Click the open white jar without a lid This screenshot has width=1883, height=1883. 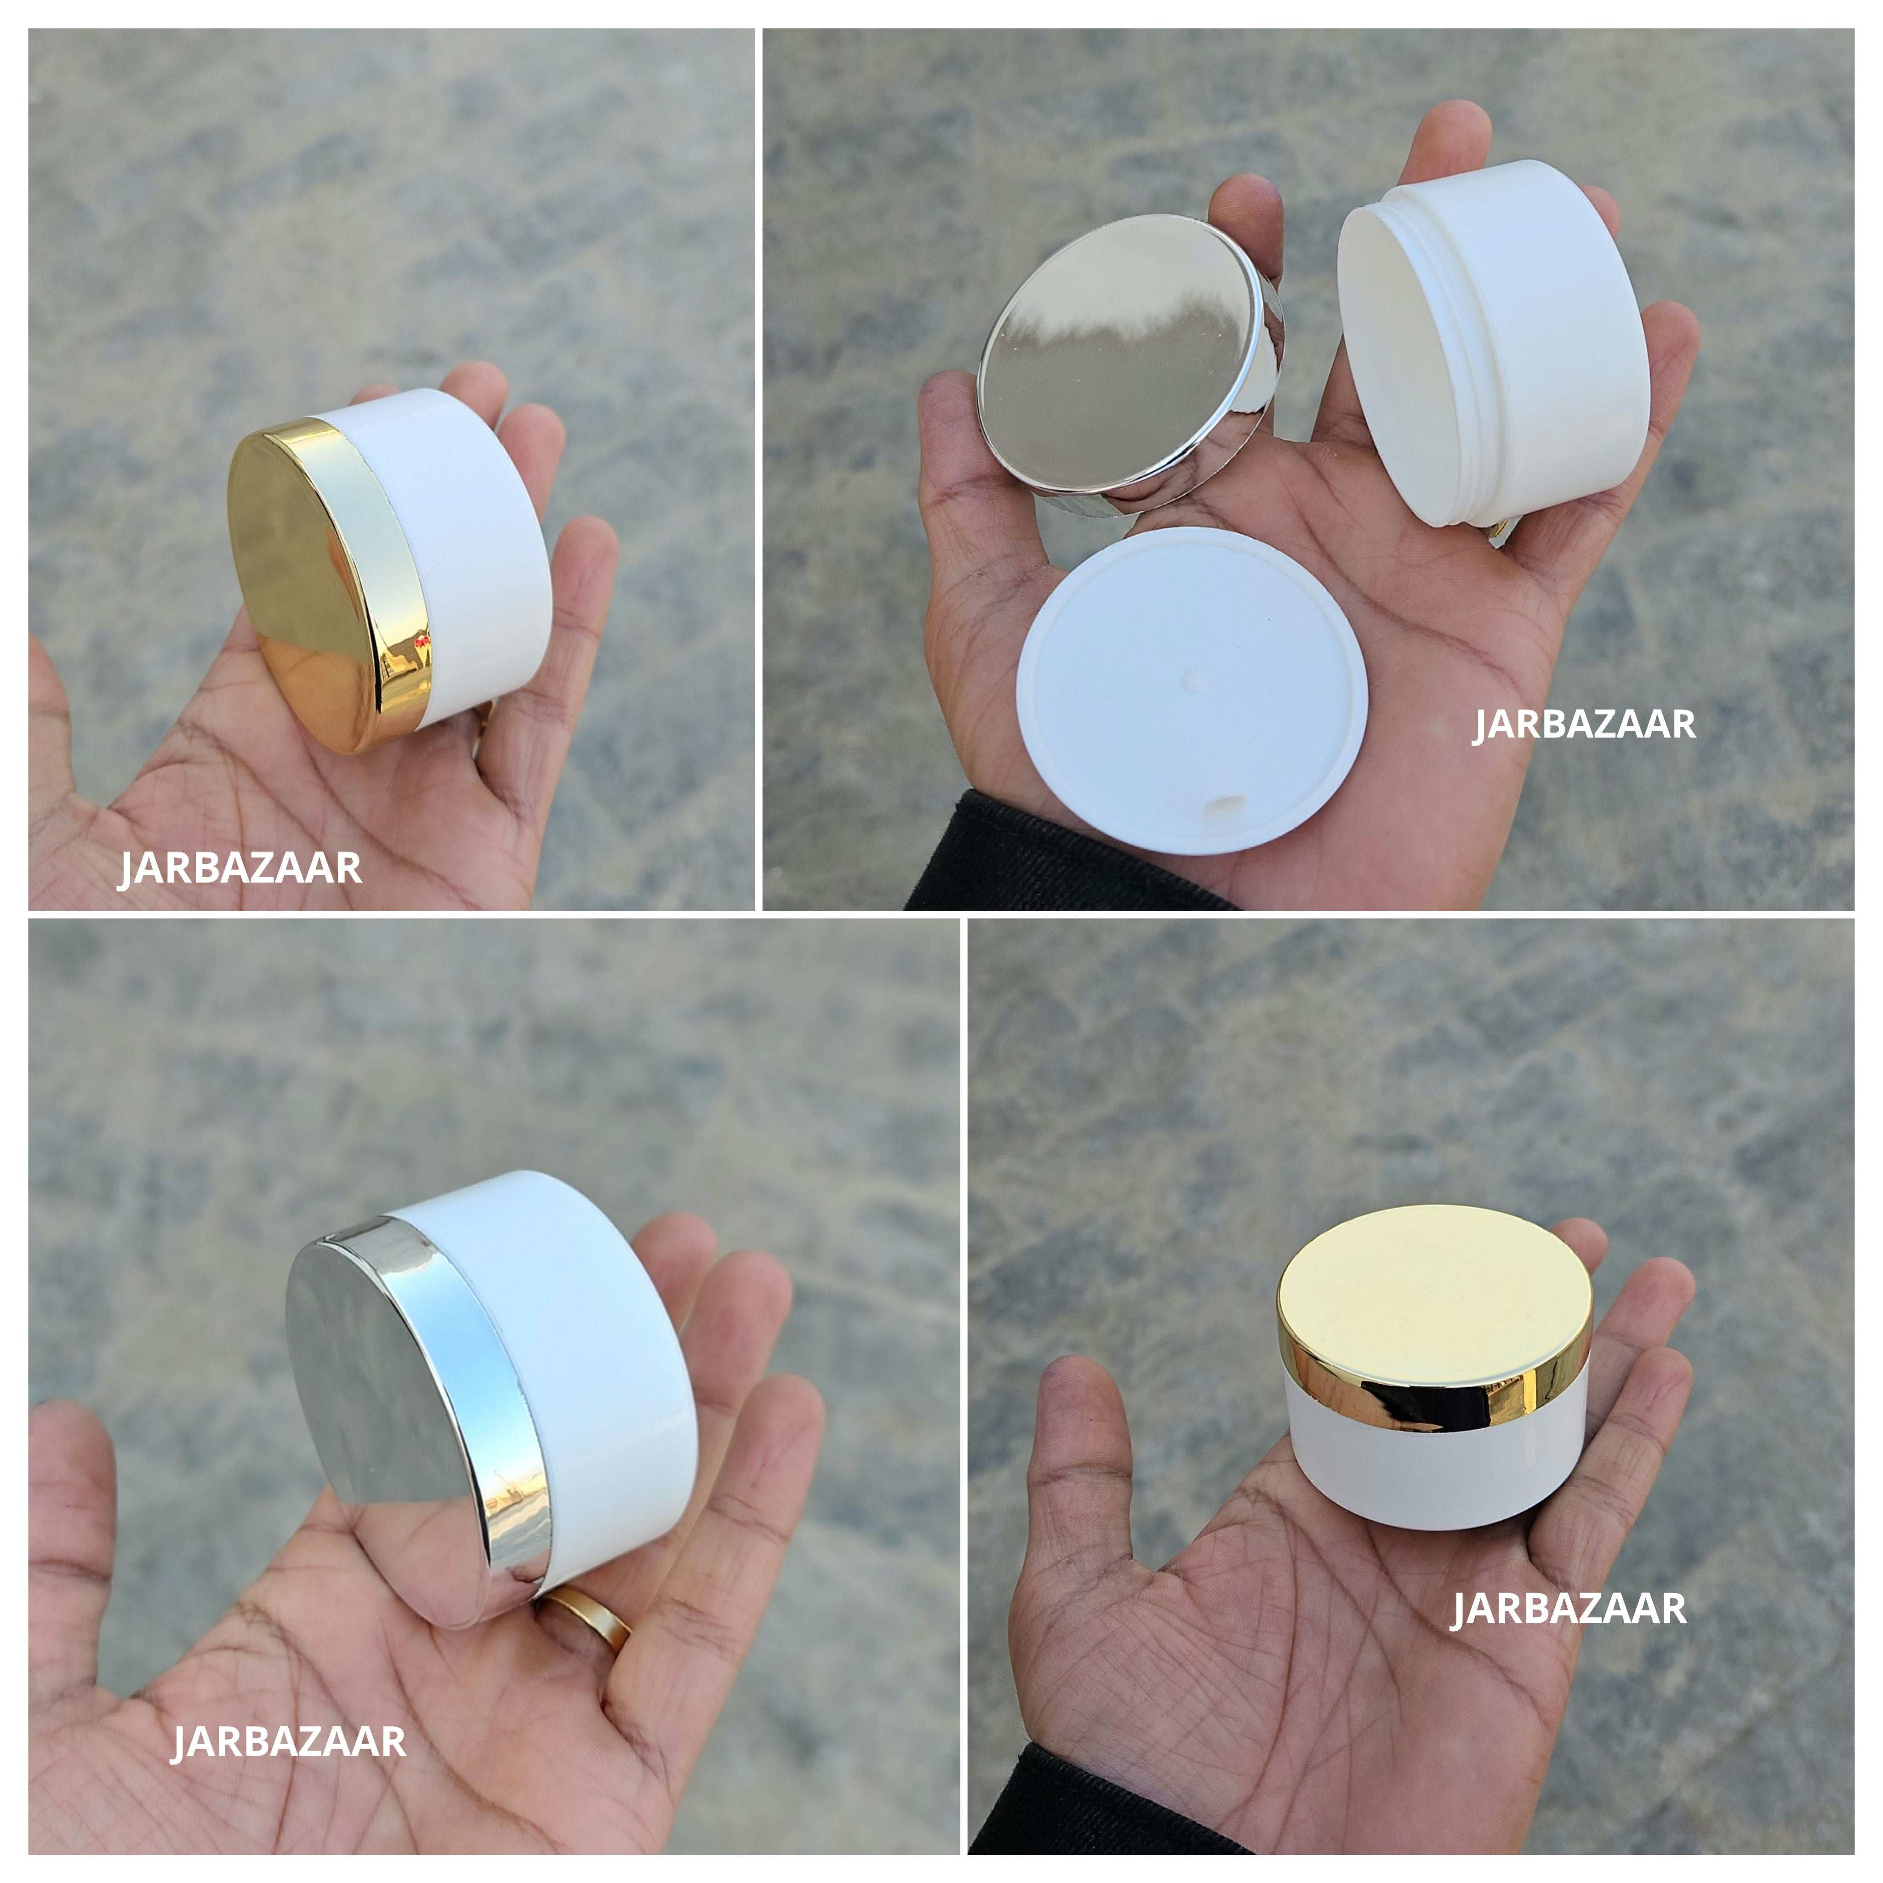[1491, 351]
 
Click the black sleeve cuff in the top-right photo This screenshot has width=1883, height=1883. [1033, 858]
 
